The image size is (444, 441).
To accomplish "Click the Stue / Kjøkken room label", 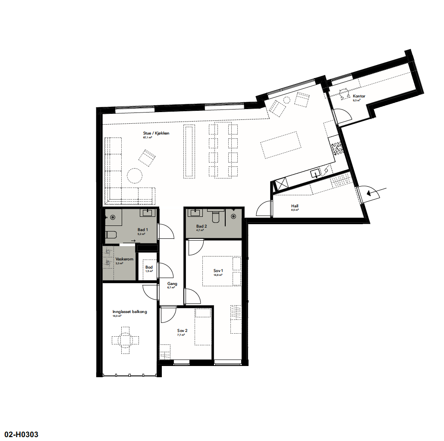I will pos(156,133).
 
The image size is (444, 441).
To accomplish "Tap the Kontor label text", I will pos(359,96).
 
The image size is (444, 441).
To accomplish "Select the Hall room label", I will pos(295,206).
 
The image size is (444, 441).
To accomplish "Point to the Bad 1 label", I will pos(143,230).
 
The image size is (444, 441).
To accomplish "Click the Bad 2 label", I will pos(202,226).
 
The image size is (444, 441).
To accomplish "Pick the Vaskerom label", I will pos(124,259).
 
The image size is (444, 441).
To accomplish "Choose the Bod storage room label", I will pos(149,267).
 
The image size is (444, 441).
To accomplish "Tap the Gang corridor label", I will pos(172,284).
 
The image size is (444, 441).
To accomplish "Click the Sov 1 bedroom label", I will pos(218,271).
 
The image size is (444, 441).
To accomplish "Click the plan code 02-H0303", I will pos(24,435).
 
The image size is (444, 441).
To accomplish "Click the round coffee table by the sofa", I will pos(134,175).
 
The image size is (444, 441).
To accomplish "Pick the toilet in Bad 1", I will pos(111,235).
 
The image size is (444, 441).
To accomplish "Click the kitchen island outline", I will pos(280,145).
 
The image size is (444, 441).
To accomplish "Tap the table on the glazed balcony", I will pos(125,340).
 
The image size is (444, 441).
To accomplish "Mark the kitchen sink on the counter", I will pos(316,174).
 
